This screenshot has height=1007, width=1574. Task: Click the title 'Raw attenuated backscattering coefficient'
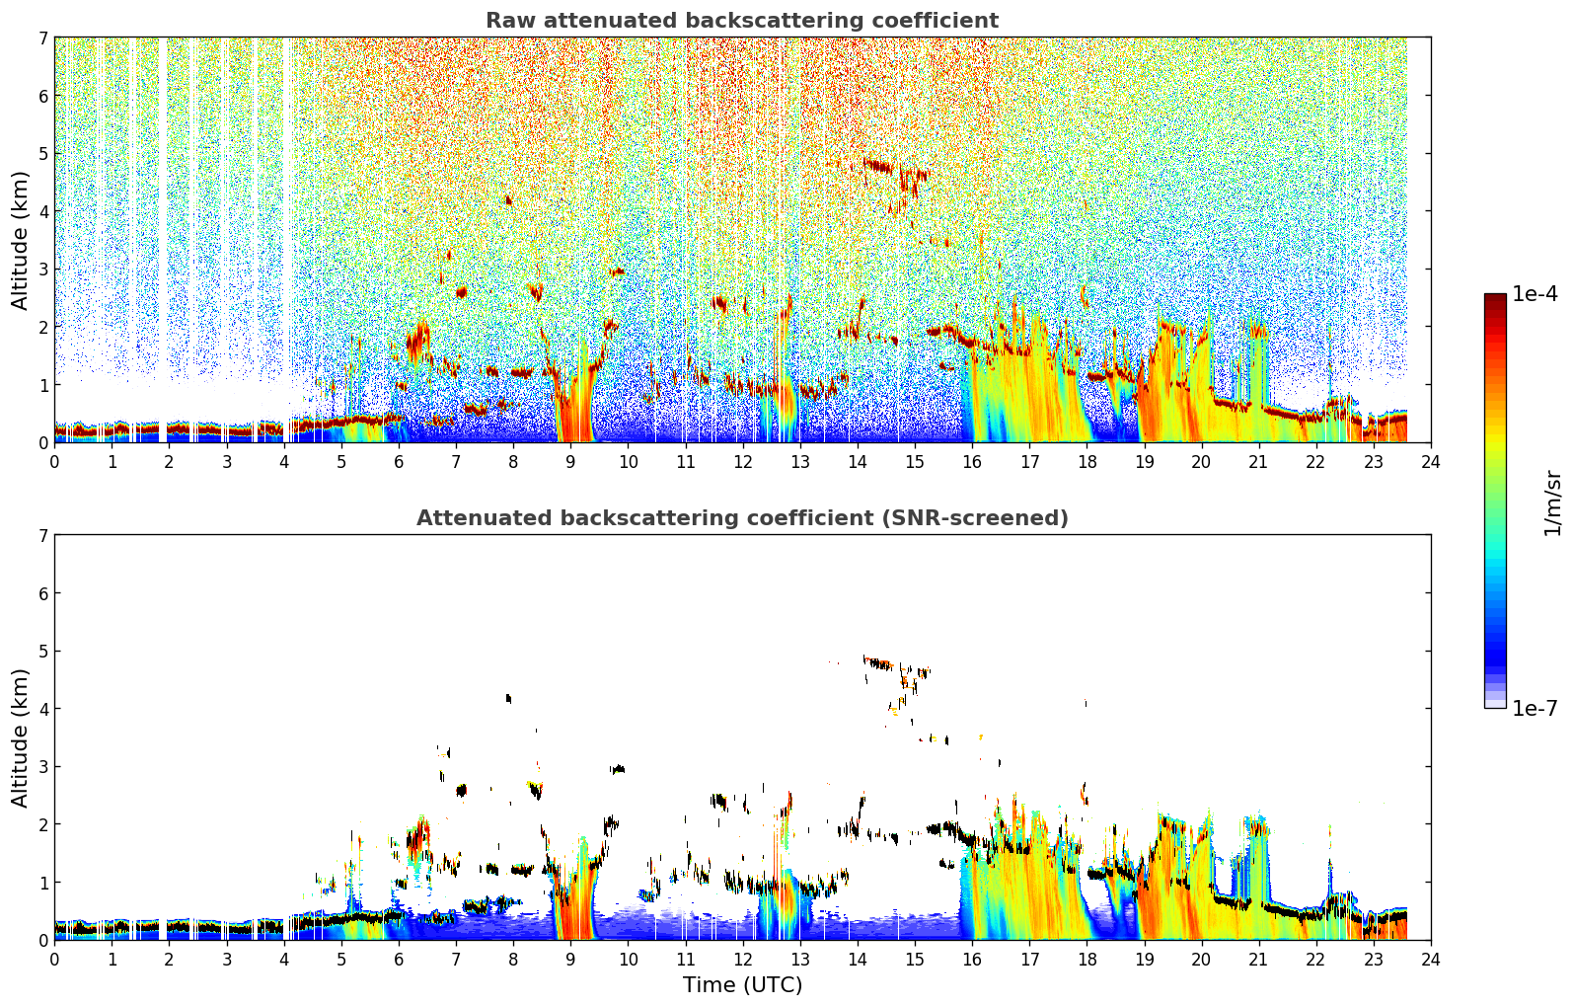pyautogui.click(x=742, y=21)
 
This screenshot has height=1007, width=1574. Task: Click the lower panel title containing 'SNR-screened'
pyautogui.click(x=742, y=518)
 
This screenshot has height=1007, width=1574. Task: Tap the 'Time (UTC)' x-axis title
pyautogui.click(x=742, y=985)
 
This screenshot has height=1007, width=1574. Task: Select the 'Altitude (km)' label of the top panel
pyautogui.click(x=20, y=241)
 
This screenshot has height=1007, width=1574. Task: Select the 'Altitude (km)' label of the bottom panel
pyautogui.click(x=20, y=737)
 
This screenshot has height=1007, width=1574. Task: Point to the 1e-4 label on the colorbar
pyautogui.click(x=1534, y=294)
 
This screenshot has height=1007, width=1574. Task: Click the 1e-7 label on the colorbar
pyautogui.click(x=1534, y=709)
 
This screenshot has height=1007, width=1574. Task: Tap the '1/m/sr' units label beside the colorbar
pyautogui.click(x=1552, y=503)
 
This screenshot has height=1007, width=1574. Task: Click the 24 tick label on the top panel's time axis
pyautogui.click(x=1431, y=462)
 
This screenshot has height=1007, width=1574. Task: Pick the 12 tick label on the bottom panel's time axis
pyautogui.click(x=743, y=960)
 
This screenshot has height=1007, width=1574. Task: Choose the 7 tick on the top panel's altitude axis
pyautogui.click(x=42, y=38)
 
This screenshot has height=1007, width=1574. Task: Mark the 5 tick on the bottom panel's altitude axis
pyautogui.click(x=42, y=652)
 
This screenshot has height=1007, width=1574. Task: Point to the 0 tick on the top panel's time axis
pyautogui.click(x=55, y=462)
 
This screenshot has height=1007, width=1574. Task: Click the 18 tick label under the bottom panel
pyautogui.click(x=1087, y=960)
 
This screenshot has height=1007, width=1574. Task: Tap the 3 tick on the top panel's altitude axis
pyautogui.click(x=42, y=270)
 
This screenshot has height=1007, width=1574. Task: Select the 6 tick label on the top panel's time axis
pyautogui.click(x=399, y=462)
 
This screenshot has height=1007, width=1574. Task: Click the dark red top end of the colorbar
pyautogui.click(x=1495, y=297)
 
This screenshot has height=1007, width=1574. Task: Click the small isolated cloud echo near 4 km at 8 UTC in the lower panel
pyautogui.click(x=509, y=698)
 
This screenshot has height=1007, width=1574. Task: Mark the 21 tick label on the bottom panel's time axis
pyautogui.click(x=1258, y=960)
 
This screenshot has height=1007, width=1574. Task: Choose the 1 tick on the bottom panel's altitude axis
pyautogui.click(x=42, y=883)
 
